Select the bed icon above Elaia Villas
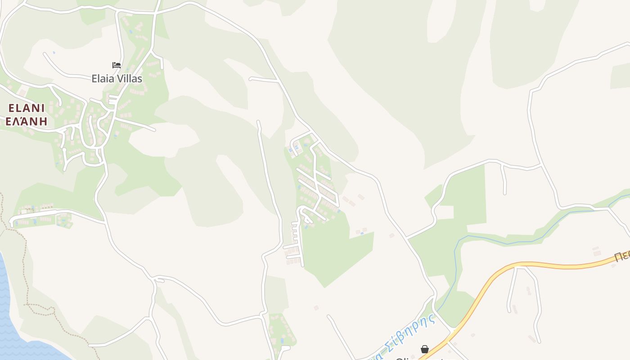[117, 65]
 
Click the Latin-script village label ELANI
[27, 108]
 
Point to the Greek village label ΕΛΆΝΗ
[27, 121]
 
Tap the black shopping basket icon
[424, 349]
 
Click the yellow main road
[562, 266]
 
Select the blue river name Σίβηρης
[412, 331]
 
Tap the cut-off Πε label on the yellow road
[622, 257]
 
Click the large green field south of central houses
[337, 252]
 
